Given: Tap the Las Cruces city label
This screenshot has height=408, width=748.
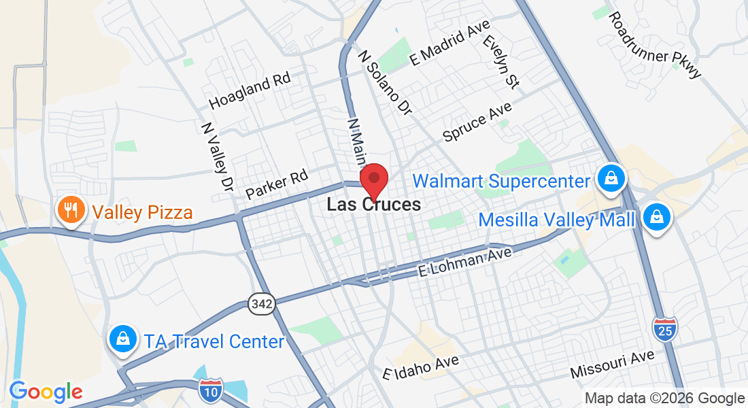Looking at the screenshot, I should tap(373, 204).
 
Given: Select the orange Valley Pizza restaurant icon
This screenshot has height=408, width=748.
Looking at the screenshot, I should tap(71, 210).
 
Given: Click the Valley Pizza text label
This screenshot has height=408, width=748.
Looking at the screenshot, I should tap(143, 212).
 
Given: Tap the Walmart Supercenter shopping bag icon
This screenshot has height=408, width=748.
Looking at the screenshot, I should tap(611, 179).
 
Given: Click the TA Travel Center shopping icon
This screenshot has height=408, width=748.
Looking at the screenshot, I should tap(122, 339).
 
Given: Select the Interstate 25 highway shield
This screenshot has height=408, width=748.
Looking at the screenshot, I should tap(664, 328).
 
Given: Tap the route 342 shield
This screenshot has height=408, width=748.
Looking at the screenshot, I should tap(262, 303).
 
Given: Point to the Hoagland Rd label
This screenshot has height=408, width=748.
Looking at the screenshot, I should tap(250, 91).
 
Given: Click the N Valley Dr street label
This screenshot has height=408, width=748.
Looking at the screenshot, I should tap(217, 156).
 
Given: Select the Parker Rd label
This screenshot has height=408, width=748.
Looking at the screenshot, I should tap(277, 184).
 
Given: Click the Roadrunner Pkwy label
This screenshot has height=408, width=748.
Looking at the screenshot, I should tap(654, 45).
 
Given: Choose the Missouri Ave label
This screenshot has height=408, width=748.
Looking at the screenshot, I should tap(612, 364).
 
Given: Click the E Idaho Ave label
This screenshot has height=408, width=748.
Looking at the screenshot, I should tap(421, 368).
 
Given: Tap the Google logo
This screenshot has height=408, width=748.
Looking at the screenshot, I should tap(46, 392).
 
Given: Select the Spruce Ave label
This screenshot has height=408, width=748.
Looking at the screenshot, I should tap(477, 122).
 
